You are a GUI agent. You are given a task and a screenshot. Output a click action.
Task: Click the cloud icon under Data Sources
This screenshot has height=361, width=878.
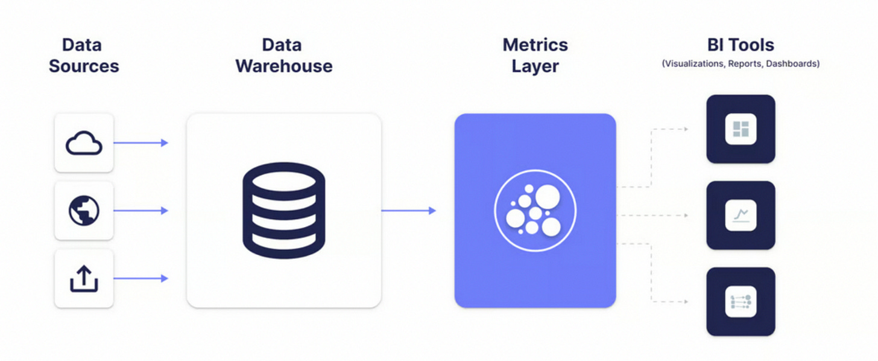coord(84,143)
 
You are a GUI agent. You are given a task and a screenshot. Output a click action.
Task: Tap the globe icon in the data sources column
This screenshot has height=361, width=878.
coord(84,211)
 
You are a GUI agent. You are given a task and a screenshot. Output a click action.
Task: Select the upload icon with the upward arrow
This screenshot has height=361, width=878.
coord(84,278)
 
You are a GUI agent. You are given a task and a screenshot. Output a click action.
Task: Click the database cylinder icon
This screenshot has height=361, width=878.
coord(284,210)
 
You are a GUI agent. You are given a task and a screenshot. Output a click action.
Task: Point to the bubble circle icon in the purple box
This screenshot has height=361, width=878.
coord(535,211)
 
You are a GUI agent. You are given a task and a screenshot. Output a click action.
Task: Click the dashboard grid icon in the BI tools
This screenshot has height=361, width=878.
coord(741,129)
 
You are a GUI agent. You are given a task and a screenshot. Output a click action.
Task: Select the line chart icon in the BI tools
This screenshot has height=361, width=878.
coord(741,215)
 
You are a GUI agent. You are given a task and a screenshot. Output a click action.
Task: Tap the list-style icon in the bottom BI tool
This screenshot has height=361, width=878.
coord(741,301)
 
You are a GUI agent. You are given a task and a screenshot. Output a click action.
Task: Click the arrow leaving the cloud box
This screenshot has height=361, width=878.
coord(141,143)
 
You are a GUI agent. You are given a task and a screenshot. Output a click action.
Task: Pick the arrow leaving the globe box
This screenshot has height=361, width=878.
coord(141,211)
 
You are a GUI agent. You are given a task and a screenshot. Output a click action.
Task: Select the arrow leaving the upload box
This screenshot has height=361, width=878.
coord(141,278)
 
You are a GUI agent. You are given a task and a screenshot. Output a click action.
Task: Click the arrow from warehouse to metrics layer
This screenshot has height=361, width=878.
coord(408,211)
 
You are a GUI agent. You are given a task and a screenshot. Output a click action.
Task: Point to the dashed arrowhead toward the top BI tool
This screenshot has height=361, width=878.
coord(684,129)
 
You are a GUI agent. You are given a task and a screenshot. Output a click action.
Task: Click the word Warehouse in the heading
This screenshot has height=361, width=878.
coord(283,66)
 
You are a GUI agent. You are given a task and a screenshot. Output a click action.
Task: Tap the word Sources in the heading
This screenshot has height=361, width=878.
coord(84,66)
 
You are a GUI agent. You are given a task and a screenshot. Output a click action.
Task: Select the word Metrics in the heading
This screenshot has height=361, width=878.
coord(535,45)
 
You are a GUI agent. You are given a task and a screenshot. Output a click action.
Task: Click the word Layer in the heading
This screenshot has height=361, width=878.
coord(535,66)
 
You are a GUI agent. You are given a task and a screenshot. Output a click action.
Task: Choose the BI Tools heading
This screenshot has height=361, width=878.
coord(741,45)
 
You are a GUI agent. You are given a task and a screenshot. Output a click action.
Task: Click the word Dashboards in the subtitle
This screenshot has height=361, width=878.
coord(792,63)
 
